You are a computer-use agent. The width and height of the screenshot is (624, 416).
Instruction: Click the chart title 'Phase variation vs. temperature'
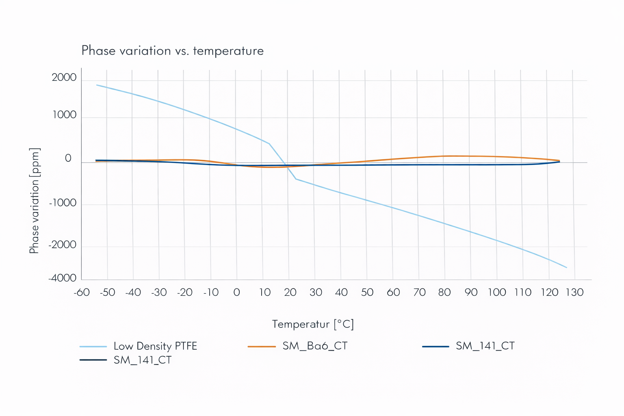(x=172, y=51)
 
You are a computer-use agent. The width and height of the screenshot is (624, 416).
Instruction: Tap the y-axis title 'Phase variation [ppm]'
(x=35, y=201)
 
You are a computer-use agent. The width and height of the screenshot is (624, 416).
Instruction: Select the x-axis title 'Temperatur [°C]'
(x=313, y=324)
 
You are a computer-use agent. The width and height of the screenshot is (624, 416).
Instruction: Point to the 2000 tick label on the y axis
(x=64, y=78)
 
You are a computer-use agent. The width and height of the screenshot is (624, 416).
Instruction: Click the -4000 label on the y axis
(x=63, y=278)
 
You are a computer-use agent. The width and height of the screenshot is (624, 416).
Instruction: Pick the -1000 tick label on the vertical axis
(x=63, y=203)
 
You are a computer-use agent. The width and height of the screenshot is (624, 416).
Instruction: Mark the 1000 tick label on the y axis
(x=64, y=115)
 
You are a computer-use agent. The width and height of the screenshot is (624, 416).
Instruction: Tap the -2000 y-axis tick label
(x=63, y=245)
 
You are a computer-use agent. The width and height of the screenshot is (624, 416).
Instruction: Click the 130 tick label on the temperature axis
(x=574, y=292)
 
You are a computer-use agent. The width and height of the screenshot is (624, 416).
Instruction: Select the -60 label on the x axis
(x=82, y=292)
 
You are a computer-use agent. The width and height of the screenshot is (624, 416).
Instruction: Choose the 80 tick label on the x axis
(x=444, y=292)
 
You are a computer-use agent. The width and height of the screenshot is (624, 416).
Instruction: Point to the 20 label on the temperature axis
(x=290, y=292)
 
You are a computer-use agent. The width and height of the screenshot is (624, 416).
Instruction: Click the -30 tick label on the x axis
(x=159, y=292)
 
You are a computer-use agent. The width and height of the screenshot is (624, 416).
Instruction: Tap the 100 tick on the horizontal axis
(x=496, y=292)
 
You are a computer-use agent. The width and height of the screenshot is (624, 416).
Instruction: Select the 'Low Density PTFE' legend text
(x=155, y=346)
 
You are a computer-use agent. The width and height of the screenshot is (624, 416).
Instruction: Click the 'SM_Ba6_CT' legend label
(x=315, y=346)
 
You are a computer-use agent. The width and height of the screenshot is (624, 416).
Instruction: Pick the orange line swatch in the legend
(x=262, y=347)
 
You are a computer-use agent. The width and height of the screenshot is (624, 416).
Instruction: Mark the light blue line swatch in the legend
(x=93, y=347)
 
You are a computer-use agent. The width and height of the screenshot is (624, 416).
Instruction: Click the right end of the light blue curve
(x=567, y=267)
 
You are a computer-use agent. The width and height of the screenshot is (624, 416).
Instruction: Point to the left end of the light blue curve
(x=96, y=85)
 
